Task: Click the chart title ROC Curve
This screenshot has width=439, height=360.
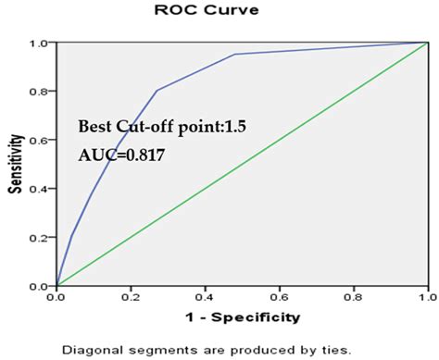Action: [220, 10]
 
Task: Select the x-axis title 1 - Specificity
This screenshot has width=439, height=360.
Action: [243, 317]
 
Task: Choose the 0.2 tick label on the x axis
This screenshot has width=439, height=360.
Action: [131, 298]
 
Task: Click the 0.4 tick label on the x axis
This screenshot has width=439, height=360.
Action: [205, 298]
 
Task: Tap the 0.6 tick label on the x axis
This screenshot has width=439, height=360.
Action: [279, 298]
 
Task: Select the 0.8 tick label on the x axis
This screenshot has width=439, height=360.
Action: [353, 298]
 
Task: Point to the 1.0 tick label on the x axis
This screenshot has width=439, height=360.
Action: [427, 298]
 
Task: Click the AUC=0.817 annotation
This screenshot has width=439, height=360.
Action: [121, 156]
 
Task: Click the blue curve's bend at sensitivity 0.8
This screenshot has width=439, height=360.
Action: [157, 91]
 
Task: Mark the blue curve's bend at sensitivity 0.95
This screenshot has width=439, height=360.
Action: [234, 54]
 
